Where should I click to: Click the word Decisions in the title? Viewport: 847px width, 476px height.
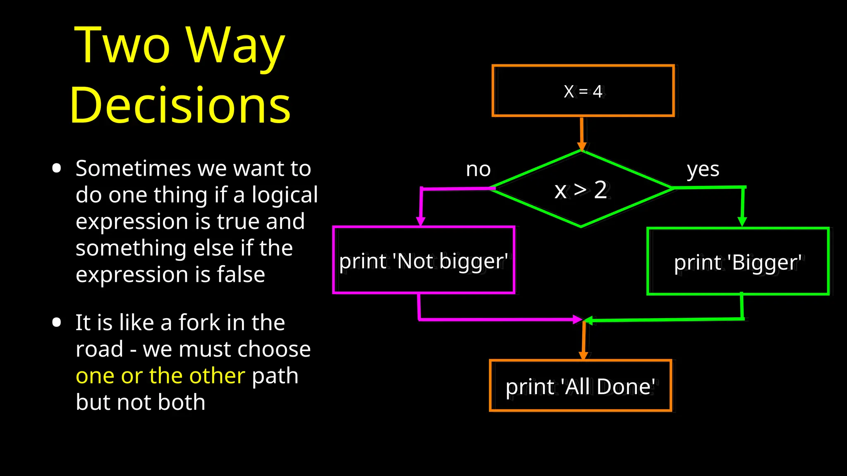(180, 105)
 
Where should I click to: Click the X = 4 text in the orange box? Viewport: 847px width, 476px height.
(583, 91)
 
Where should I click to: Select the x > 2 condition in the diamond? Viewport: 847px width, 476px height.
(581, 190)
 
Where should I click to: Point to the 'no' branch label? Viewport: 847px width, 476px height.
(478, 169)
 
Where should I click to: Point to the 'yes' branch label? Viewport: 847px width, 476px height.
(703, 169)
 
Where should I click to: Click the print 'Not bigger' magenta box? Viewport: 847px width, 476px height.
(423, 261)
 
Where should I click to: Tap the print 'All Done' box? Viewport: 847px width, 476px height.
(580, 386)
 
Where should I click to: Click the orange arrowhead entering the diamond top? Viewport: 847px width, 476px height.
(582, 146)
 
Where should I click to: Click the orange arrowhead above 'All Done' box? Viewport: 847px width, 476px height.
(583, 355)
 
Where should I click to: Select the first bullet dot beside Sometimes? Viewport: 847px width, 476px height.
(57, 168)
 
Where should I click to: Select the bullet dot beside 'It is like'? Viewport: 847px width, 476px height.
(57, 322)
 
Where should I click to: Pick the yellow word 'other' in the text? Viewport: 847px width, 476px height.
(217, 376)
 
